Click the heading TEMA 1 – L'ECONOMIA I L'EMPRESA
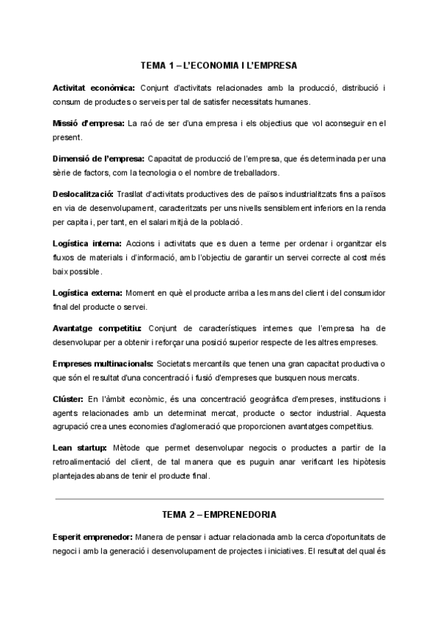click(x=219, y=66)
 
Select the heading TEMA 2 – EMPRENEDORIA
click(x=219, y=515)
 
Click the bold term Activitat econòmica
click(x=93, y=89)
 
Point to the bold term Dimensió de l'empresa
click(x=98, y=158)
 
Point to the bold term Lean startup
click(x=80, y=447)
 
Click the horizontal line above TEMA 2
click(x=219, y=499)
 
